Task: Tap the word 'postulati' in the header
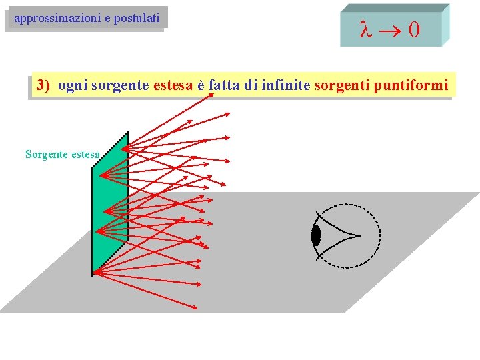[136, 19]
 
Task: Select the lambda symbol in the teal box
[365, 30]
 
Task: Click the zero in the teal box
[414, 30]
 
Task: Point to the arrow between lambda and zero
[389, 30]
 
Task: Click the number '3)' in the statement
[44, 85]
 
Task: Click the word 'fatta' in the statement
[225, 85]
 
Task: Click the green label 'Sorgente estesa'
[63, 155]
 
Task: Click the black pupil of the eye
[316, 235]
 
